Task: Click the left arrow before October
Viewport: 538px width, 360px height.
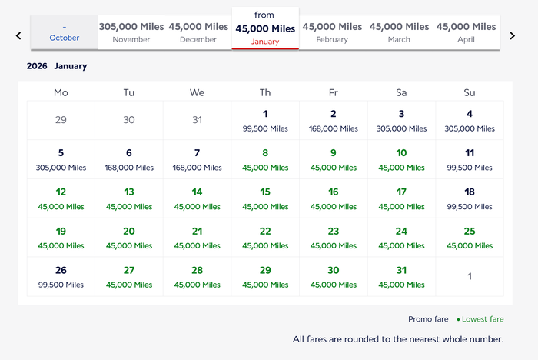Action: point(18,35)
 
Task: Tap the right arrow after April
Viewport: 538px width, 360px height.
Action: point(513,35)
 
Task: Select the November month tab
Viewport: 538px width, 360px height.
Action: point(131,32)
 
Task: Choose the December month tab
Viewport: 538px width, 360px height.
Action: point(198,32)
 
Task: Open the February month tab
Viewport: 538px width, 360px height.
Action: point(332,32)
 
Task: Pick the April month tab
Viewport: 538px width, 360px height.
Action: point(466,32)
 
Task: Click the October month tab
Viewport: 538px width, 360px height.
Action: point(64,32)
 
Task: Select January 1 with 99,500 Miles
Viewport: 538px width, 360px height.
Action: point(265,120)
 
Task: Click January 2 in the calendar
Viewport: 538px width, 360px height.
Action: point(333,120)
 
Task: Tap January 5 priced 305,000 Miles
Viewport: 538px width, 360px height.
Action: point(61,159)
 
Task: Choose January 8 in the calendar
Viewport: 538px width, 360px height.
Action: point(265,159)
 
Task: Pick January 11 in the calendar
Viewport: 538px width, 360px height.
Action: point(470,159)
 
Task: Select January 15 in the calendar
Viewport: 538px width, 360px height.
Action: point(265,198)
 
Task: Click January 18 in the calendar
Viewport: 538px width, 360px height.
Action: point(470,198)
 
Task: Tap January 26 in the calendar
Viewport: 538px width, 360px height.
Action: point(61,277)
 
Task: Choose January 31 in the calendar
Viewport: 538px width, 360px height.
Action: point(401,277)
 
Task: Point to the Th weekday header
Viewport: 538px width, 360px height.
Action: point(265,92)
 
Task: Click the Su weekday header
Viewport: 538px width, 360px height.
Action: point(470,92)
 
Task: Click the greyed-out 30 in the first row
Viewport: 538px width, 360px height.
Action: point(129,119)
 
